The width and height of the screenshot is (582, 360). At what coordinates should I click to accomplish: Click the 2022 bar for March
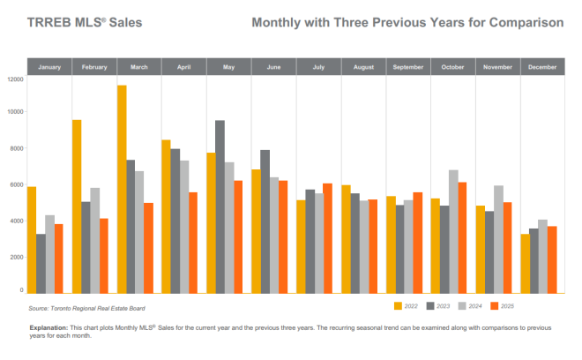[122, 189]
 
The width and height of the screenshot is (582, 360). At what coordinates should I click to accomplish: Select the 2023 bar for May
[220, 206]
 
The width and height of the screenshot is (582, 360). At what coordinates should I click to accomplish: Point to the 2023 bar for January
[41, 263]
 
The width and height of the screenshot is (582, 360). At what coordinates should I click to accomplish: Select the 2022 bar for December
[526, 263]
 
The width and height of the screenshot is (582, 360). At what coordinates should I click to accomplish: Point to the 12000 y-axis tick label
[15, 79]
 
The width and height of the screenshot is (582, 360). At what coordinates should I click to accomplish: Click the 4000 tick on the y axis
[17, 221]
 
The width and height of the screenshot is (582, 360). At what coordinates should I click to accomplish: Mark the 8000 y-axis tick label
[17, 148]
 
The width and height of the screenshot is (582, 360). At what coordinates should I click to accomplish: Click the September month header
[407, 67]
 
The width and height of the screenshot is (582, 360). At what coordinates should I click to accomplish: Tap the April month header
[183, 67]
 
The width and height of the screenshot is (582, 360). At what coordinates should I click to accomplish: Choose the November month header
[497, 67]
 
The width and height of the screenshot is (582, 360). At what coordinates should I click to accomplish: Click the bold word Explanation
[48, 327]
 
